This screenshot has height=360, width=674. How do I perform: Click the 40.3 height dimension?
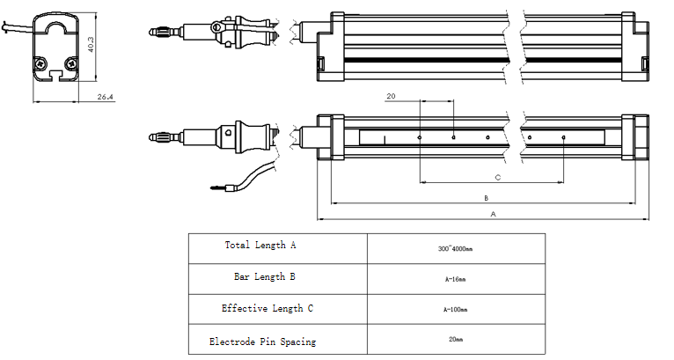tap(91, 44)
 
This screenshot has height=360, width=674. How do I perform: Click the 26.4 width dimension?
tap(105, 97)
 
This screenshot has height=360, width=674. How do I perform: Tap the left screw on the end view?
tap(40, 63)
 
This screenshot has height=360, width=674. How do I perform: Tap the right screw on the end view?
tap(71, 63)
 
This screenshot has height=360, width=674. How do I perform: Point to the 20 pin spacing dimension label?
tap(391, 96)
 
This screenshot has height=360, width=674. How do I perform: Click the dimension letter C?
tap(498, 177)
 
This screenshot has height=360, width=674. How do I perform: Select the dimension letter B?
tap(487, 198)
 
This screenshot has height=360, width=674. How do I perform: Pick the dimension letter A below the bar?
tap(493, 214)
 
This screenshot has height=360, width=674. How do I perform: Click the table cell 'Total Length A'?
tap(260, 246)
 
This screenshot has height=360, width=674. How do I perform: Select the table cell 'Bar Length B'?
tap(264, 276)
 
